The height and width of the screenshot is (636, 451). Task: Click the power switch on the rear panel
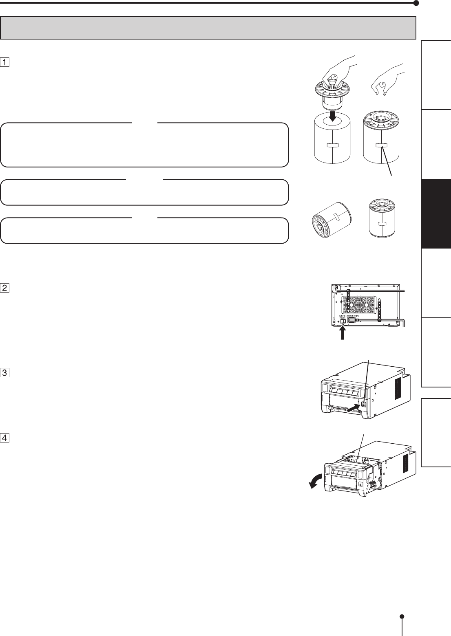343,321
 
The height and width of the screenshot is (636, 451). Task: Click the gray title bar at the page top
208,28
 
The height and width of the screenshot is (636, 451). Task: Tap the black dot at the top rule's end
416,3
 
